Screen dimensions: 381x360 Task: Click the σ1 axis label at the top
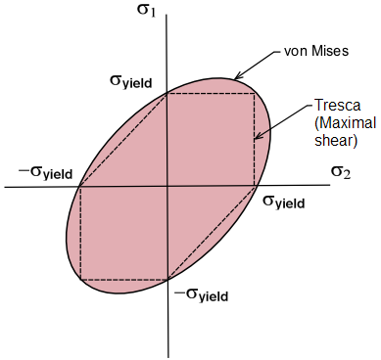[x=146, y=10]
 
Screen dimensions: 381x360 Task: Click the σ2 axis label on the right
[x=341, y=172]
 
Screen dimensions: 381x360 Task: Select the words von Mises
[x=316, y=51]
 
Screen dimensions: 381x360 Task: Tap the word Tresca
[x=338, y=105]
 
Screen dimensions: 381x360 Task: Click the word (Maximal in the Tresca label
[x=346, y=123]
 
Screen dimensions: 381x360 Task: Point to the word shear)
[x=336, y=141]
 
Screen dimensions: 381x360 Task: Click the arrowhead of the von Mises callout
[x=238, y=76]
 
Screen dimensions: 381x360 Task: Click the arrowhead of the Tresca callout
[x=258, y=137]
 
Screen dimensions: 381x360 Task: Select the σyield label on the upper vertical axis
[x=131, y=81]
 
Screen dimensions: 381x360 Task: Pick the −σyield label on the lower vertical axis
[x=202, y=295]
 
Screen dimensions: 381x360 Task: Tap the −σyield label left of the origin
[x=45, y=172]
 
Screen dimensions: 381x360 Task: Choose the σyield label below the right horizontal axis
[x=284, y=202]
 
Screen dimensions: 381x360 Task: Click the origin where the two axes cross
[x=167, y=187]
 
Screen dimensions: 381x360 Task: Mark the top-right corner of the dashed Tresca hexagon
[x=255, y=94]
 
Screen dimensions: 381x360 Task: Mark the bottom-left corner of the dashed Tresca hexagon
[x=80, y=280]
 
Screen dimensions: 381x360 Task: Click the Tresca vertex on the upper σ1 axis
[x=167, y=94]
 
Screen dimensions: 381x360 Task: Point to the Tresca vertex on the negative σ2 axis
[x=80, y=187]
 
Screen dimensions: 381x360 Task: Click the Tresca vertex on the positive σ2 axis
[x=255, y=187]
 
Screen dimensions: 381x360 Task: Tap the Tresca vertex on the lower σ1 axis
[x=167, y=280]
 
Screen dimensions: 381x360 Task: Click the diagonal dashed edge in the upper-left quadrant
[x=123, y=140]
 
